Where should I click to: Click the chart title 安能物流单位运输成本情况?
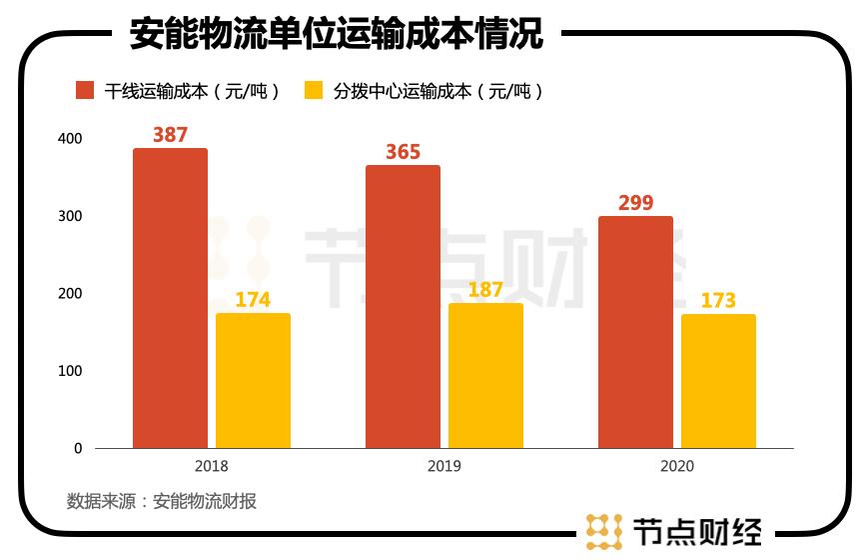[337, 35]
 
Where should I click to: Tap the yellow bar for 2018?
[253, 380]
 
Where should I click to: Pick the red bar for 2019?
[403, 306]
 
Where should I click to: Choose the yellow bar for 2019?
[485, 375]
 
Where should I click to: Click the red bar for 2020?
[635, 332]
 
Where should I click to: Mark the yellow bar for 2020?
[718, 381]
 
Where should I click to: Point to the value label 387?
[170, 135]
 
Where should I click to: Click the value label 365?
[403, 152]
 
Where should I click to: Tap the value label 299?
[635, 203]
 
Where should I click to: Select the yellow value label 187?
[485, 290]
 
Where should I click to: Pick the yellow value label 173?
[718, 300]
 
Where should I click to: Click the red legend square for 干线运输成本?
[86, 90]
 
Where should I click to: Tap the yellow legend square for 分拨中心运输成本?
[314, 90]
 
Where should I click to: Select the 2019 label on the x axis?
[443, 467]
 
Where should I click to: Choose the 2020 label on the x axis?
[676, 467]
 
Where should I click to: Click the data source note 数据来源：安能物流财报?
[162, 502]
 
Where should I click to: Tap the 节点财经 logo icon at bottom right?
[604, 531]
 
